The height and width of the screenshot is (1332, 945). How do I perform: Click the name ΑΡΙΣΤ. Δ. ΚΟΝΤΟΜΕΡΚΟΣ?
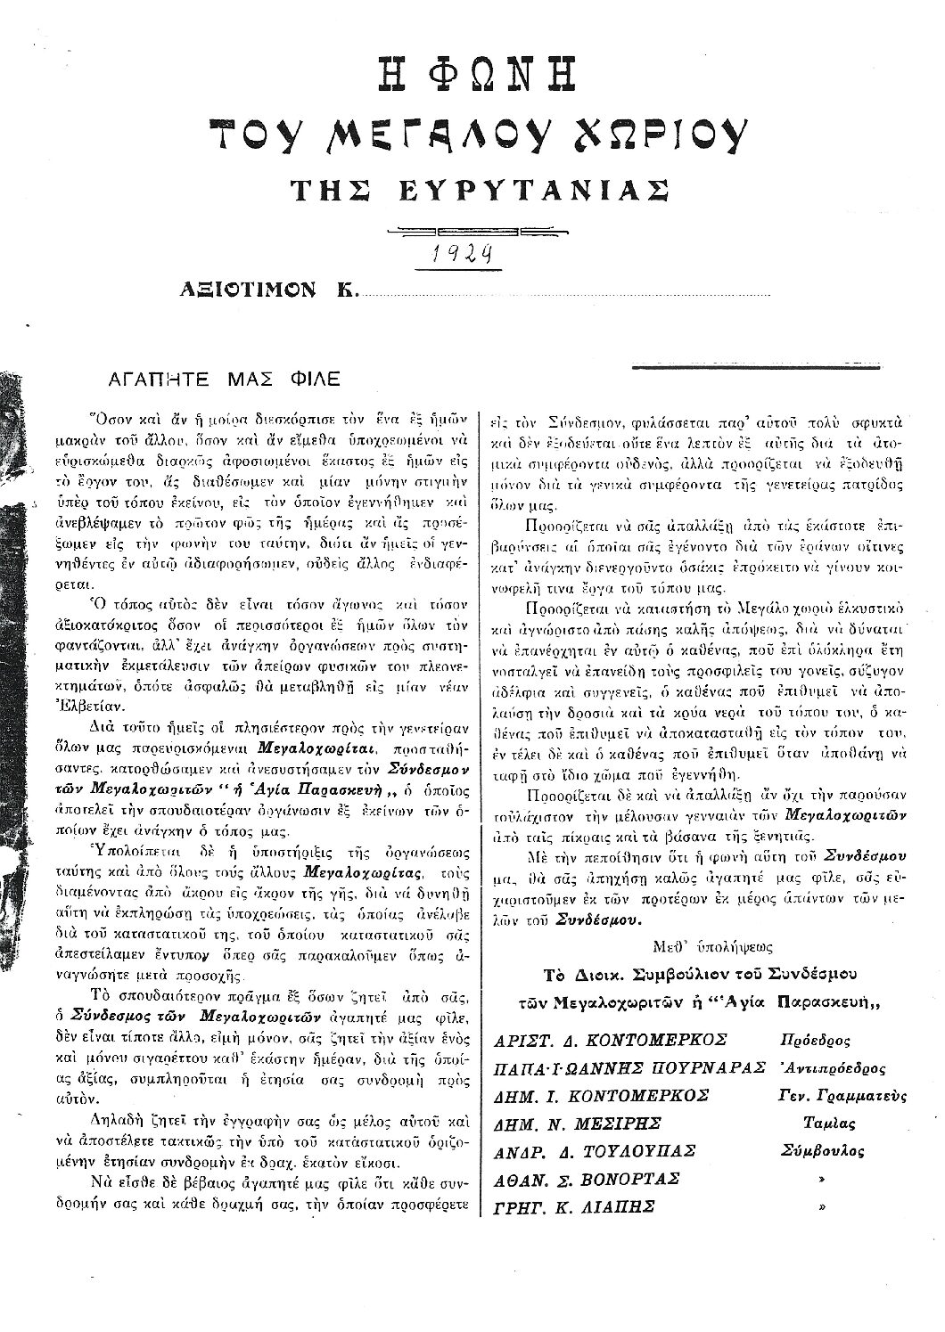point(612,1040)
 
